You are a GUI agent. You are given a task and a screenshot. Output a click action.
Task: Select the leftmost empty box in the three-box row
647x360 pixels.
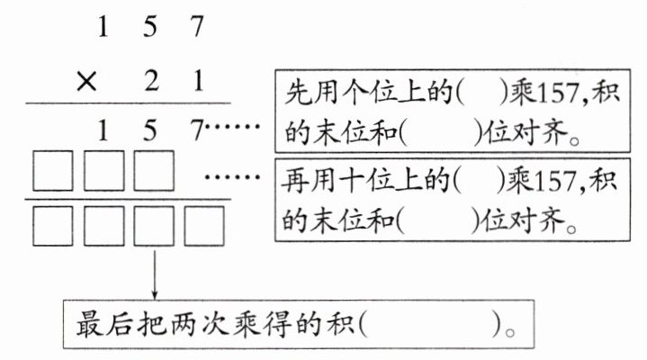click(53, 173)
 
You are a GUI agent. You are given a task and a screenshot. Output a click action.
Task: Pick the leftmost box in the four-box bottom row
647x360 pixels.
click(53, 225)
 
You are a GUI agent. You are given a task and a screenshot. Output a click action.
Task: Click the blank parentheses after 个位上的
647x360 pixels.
click(476, 93)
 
